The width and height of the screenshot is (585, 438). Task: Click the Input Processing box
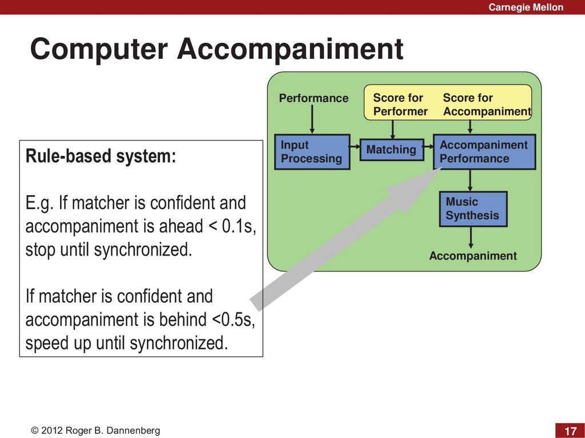(x=312, y=152)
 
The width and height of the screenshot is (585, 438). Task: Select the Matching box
(x=391, y=149)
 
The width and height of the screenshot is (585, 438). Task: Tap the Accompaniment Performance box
(x=484, y=152)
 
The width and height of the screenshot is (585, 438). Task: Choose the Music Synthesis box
(x=472, y=209)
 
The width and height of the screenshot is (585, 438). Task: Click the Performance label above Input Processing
(x=313, y=98)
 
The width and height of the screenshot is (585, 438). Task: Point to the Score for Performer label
(x=400, y=104)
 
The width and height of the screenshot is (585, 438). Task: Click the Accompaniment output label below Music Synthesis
(x=472, y=256)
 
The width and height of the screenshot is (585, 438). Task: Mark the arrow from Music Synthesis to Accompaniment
(x=471, y=238)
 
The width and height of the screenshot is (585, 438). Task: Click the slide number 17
(x=570, y=430)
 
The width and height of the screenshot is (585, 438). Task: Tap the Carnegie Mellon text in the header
(x=526, y=7)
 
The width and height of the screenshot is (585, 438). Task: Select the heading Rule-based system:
(x=101, y=156)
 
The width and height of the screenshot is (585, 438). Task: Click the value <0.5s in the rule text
(x=233, y=320)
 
